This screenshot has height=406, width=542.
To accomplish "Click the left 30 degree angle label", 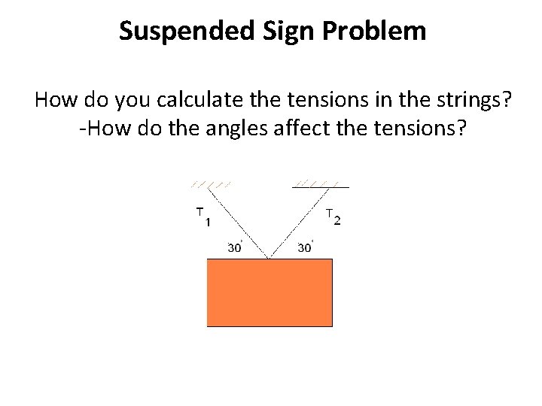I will point(234,247).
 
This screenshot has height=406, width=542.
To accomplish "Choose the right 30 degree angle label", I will point(305,247).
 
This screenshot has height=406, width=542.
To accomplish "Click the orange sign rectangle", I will point(269,292).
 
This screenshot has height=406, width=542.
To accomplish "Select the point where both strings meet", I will point(269,258).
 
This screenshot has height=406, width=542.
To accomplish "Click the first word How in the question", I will point(53,98).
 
